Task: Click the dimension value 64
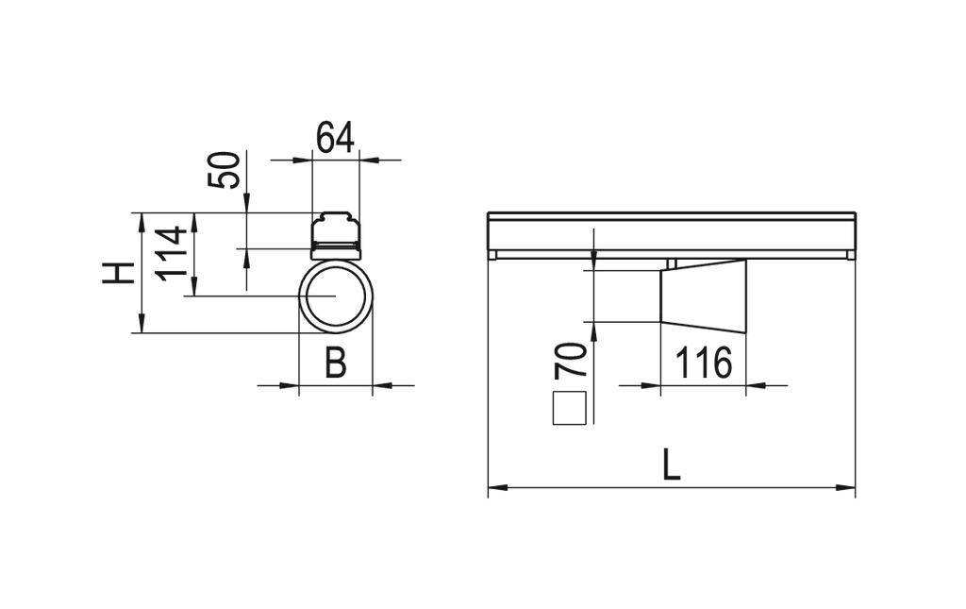[335, 138]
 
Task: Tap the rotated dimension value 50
[225, 169]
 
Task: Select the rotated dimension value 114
[172, 252]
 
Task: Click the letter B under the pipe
[335, 363]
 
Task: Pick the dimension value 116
[703, 363]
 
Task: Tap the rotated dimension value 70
[572, 363]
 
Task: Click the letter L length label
[671, 465]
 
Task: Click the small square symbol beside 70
[570, 407]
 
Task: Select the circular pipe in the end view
[336, 296]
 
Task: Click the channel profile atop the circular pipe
[336, 234]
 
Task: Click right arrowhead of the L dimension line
[848, 488]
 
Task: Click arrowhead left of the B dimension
[292, 384]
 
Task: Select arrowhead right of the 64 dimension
[366, 161]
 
